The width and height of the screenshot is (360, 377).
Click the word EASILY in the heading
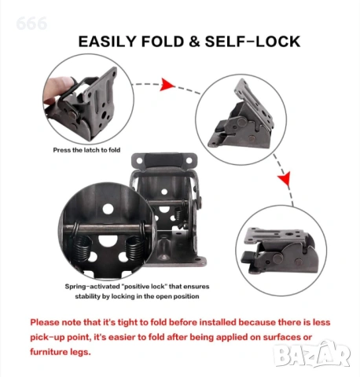pos(107,42)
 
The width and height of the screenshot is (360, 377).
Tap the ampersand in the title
pos(194,42)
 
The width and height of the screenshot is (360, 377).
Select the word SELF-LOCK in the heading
pos(252,42)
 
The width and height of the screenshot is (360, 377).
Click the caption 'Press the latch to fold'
pos(86,150)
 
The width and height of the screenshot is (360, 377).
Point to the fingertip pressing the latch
pos(61,86)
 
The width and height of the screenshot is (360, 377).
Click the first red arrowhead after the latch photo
pos(167,85)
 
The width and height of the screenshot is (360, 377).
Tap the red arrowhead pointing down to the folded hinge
pos(285,179)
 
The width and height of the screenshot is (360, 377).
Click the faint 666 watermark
pos(31,24)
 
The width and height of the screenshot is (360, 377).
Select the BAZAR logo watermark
pos(311,353)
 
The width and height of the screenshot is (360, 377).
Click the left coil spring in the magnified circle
pos(84,248)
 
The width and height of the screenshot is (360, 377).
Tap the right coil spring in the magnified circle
pos(134,248)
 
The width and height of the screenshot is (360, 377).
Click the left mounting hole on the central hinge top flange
pos(140,160)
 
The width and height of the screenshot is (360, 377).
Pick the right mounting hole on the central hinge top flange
pos(189,160)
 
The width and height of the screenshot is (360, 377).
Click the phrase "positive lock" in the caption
pos(144,287)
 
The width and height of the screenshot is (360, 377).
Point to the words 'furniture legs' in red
pos(61,352)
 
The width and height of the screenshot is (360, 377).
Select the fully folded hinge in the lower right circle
pos(281,251)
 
